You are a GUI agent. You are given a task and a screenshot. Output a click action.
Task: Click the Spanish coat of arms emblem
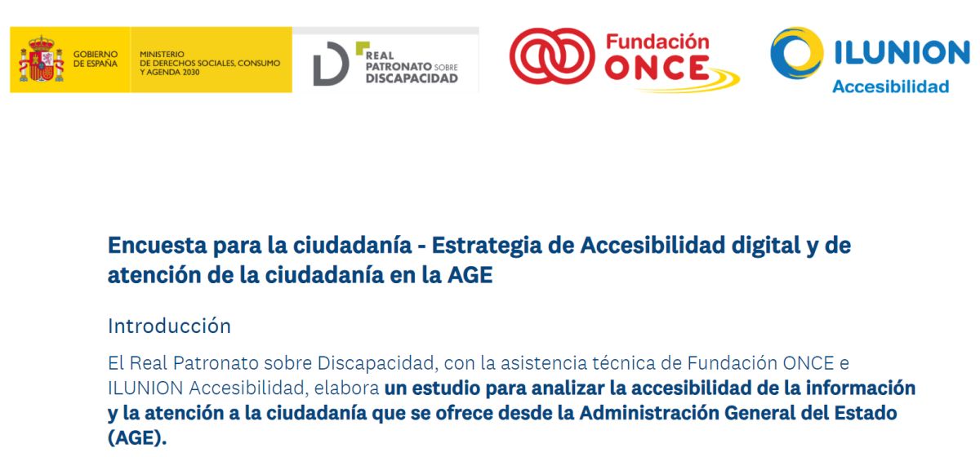[41, 60]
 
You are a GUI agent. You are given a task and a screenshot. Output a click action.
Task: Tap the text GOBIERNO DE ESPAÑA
[96, 59]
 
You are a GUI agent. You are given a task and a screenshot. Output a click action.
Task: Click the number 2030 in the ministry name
[191, 72]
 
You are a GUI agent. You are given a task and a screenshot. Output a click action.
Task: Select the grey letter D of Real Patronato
[331, 64]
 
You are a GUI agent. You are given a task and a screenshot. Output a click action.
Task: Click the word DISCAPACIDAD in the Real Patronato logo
[412, 78]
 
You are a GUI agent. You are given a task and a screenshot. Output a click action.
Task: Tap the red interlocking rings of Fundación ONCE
[552, 56]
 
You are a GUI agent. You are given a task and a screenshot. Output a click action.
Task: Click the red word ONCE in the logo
[657, 69]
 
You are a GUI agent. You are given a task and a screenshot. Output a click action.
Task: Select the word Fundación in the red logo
[657, 42]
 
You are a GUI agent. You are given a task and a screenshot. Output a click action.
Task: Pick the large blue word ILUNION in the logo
[902, 52]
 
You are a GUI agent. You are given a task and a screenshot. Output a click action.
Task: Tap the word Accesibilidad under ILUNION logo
[890, 87]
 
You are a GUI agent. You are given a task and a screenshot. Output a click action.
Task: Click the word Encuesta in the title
[157, 245]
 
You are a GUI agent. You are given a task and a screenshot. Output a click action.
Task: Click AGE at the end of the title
[470, 275]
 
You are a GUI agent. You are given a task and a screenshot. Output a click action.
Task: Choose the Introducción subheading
[169, 326]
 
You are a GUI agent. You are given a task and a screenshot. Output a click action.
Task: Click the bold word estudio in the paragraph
[446, 388]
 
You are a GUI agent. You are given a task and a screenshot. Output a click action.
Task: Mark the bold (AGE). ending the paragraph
[137, 437]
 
